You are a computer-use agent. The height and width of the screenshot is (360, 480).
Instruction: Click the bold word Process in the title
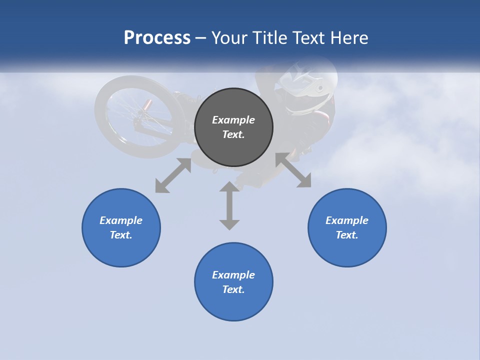click(157, 38)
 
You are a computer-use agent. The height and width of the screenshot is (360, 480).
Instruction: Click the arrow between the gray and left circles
click(173, 175)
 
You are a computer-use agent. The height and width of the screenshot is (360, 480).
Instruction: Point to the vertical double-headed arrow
click(229, 205)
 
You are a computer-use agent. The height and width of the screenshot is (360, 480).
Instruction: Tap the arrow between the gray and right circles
click(293, 170)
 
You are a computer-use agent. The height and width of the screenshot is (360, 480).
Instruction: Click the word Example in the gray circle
click(233, 120)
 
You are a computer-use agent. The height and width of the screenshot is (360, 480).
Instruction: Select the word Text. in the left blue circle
click(121, 235)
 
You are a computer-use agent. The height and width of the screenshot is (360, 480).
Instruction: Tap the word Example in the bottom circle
click(233, 275)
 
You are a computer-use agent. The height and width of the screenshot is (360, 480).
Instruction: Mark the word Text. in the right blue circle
click(347, 235)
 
